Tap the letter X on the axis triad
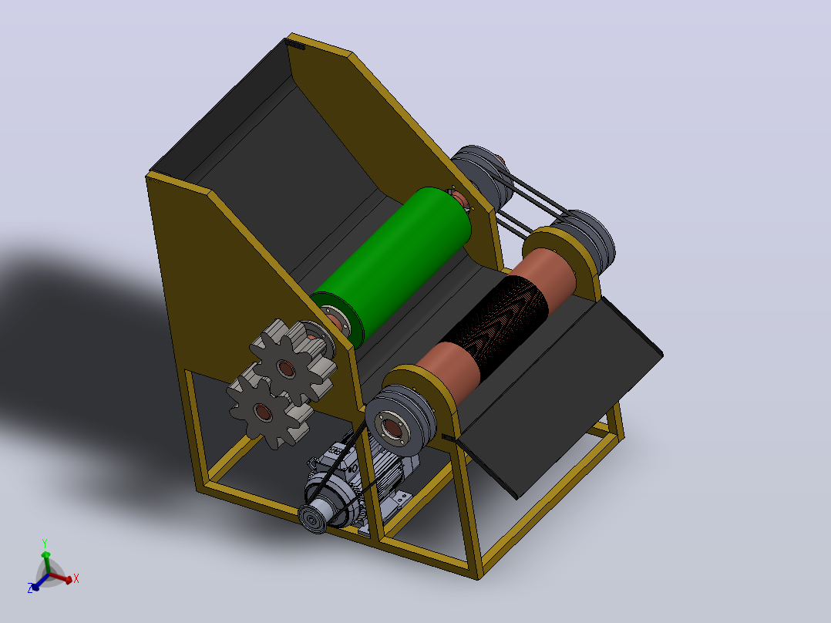pos(76,578)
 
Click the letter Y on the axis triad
pos(45,544)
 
